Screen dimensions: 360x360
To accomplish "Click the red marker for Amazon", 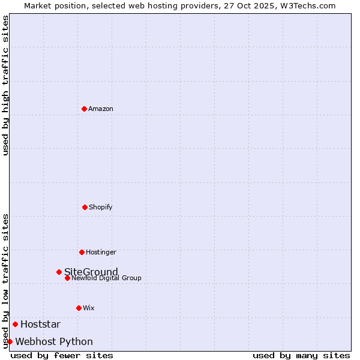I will click(x=84, y=109).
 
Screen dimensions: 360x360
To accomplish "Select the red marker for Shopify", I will click(x=85, y=207).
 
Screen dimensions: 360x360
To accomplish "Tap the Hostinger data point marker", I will click(x=82, y=252).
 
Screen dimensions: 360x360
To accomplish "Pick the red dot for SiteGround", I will click(x=59, y=272).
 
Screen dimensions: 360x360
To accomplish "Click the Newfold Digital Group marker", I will click(x=67, y=278).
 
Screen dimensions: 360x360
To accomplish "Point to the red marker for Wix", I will click(x=79, y=308).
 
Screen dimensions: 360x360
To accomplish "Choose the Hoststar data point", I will click(x=15, y=324).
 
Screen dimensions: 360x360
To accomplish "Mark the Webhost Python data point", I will click(x=10, y=341).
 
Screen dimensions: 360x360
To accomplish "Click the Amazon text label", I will click(x=101, y=109).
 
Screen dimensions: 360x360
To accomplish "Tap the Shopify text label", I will click(x=101, y=208).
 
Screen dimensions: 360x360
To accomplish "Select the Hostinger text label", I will click(x=101, y=253).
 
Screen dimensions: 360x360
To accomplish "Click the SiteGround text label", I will click(x=91, y=272).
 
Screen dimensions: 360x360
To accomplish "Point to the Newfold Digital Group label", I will click(x=107, y=278).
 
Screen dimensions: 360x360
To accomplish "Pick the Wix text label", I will click(x=89, y=308).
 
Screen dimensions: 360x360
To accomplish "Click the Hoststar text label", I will click(x=40, y=325).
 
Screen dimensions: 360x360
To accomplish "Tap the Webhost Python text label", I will click(x=54, y=342).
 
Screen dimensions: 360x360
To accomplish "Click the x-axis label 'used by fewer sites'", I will click(x=62, y=355).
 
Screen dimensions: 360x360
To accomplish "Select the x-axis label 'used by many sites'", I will click(x=301, y=355).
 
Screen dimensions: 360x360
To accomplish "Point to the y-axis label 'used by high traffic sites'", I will click(x=6, y=85).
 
